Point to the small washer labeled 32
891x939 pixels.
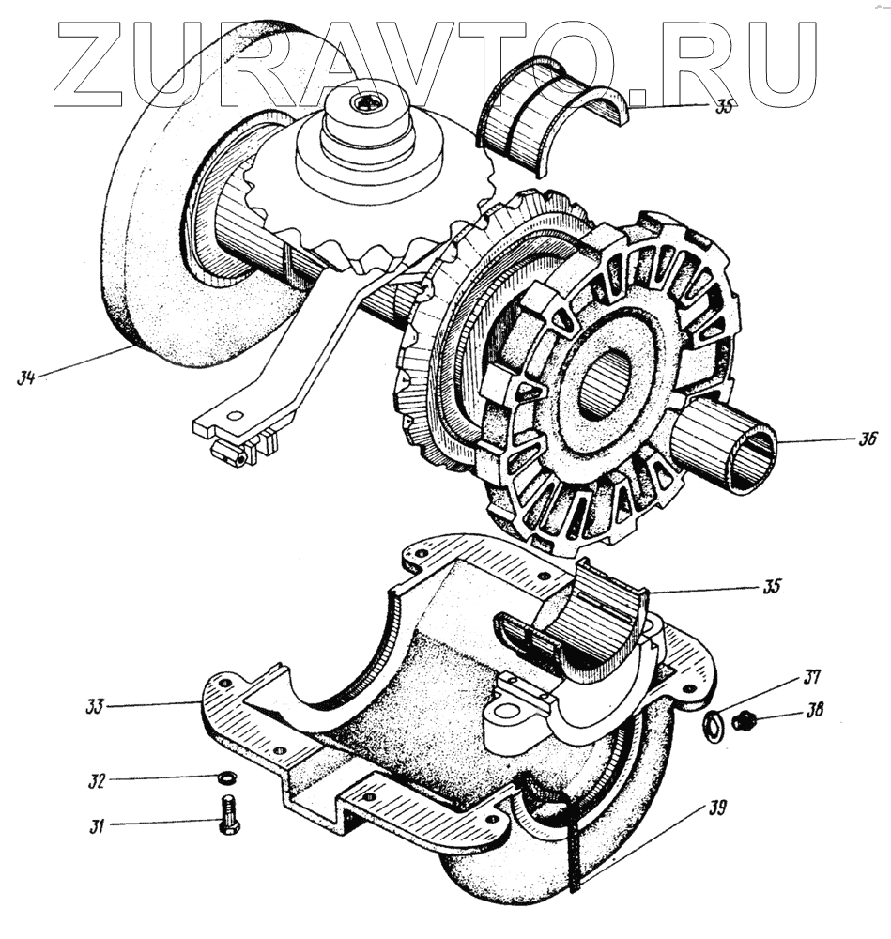pyautogui.click(x=224, y=778)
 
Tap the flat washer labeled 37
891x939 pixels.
pyautogui.click(x=713, y=723)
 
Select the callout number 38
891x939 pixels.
pyautogui.click(x=813, y=711)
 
